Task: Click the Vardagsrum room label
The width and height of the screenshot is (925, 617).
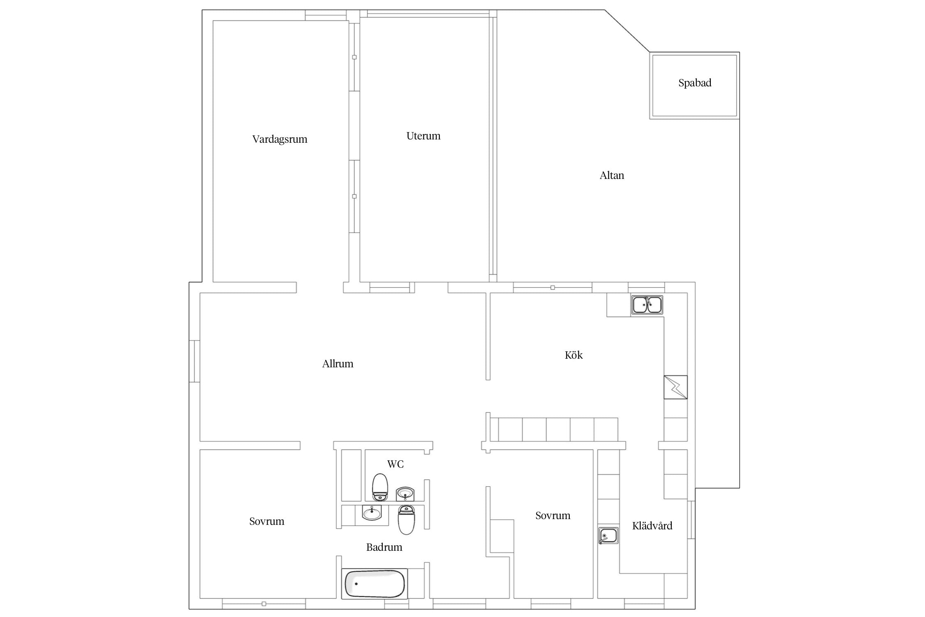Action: (280, 139)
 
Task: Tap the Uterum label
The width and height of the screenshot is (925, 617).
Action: (423, 136)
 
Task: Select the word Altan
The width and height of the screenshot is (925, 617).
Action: (612, 176)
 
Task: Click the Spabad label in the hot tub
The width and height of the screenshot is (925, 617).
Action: (695, 83)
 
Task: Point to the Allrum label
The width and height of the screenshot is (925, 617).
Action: (338, 364)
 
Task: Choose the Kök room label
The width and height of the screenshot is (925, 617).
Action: (573, 355)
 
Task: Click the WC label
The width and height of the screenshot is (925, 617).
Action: (395, 464)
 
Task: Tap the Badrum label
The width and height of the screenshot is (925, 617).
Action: (384, 547)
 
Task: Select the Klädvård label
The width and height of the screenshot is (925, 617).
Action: (652, 526)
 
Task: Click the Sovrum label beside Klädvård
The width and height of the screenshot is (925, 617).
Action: (553, 516)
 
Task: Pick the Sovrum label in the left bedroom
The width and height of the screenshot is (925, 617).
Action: (266, 522)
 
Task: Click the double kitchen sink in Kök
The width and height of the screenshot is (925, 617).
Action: (647, 305)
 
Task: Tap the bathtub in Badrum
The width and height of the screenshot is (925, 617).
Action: (375, 584)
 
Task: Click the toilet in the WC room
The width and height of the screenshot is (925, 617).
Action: (380, 487)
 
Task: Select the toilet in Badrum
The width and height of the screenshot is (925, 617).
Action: (406, 520)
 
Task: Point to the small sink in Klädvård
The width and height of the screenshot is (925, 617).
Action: (608, 536)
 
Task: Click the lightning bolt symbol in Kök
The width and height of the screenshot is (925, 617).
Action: (675, 387)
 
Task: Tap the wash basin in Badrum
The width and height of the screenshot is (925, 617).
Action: (372, 513)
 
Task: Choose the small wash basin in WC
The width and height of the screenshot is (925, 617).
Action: (405, 493)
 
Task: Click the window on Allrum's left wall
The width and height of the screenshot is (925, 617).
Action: (194, 361)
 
